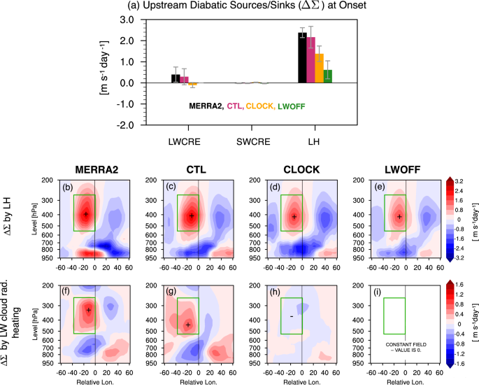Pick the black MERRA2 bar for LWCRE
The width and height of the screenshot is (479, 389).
[176, 78]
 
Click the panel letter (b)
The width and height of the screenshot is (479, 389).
[69, 187]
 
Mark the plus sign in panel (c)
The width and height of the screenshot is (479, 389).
[192, 215]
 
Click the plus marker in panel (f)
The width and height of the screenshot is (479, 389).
[88, 310]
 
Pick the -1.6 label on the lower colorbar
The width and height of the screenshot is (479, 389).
[460, 364]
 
